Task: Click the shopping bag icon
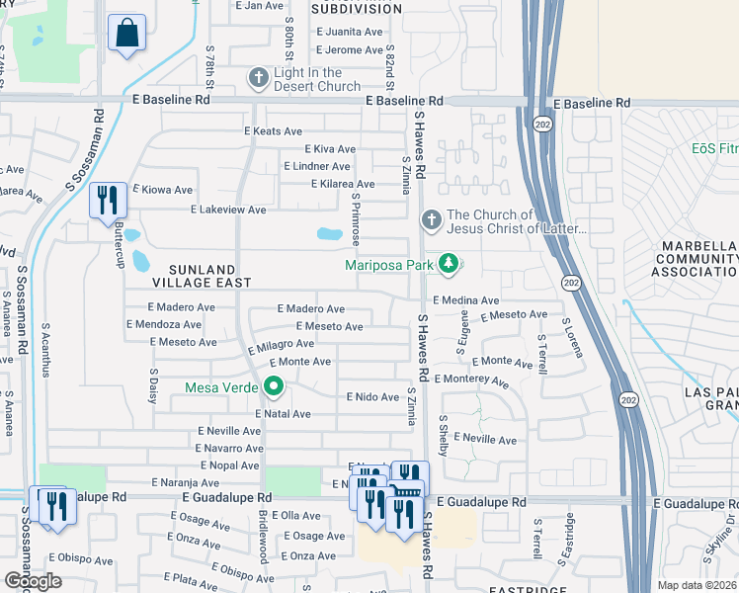tap(127, 34)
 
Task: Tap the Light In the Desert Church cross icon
tap(259, 78)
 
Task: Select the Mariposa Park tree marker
tap(449, 264)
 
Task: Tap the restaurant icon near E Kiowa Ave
tap(107, 200)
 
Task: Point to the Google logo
tap(33, 581)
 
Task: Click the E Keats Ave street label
tap(273, 131)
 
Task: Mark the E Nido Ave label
tap(371, 396)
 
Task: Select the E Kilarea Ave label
tap(342, 184)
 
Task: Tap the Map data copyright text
tap(697, 585)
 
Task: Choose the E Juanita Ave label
tap(350, 32)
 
